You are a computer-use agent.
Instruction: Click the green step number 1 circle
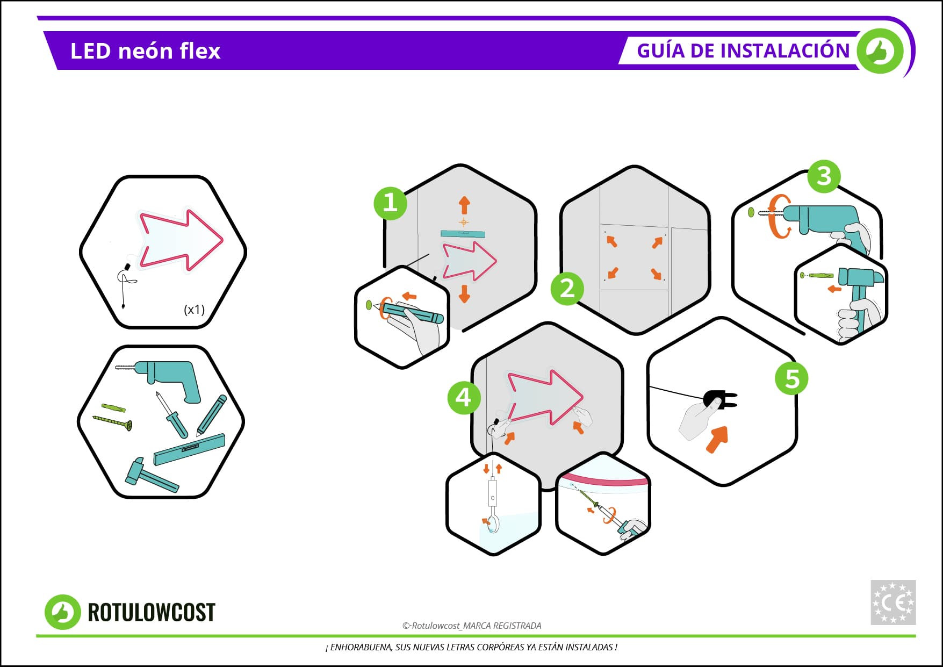pyautogui.click(x=390, y=203)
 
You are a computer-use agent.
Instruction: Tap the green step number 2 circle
pyautogui.click(x=567, y=289)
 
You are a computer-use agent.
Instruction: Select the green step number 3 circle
pyautogui.click(x=824, y=176)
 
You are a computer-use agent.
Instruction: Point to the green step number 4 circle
pyautogui.click(x=464, y=398)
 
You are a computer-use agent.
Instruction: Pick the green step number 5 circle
pyautogui.click(x=792, y=378)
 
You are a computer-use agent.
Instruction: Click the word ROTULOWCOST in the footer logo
pyautogui.click(x=151, y=612)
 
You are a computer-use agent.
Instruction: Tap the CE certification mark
pyautogui.click(x=893, y=603)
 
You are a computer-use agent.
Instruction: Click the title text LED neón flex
pyautogui.click(x=145, y=51)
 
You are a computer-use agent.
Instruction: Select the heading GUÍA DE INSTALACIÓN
pyautogui.click(x=743, y=51)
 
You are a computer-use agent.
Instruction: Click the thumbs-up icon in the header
pyautogui.click(x=880, y=52)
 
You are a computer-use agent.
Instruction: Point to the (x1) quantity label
pyautogui.click(x=194, y=309)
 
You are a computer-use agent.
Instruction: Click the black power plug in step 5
pyautogui.click(x=719, y=399)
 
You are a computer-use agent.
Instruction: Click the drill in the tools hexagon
pyautogui.click(x=164, y=378)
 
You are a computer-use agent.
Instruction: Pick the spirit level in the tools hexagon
pyautogui.click(x=189, y=449)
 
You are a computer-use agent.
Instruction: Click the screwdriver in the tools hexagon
pyautogui.click(x=172, y=415)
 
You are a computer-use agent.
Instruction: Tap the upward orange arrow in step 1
pyautogui.click(x=464, y=205)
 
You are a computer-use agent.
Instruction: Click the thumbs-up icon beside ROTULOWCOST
pyautogui.click(x=63, y=612)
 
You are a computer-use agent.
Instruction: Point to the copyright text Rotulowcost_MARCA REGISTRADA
pyautogui.click(x=472, y=626)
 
